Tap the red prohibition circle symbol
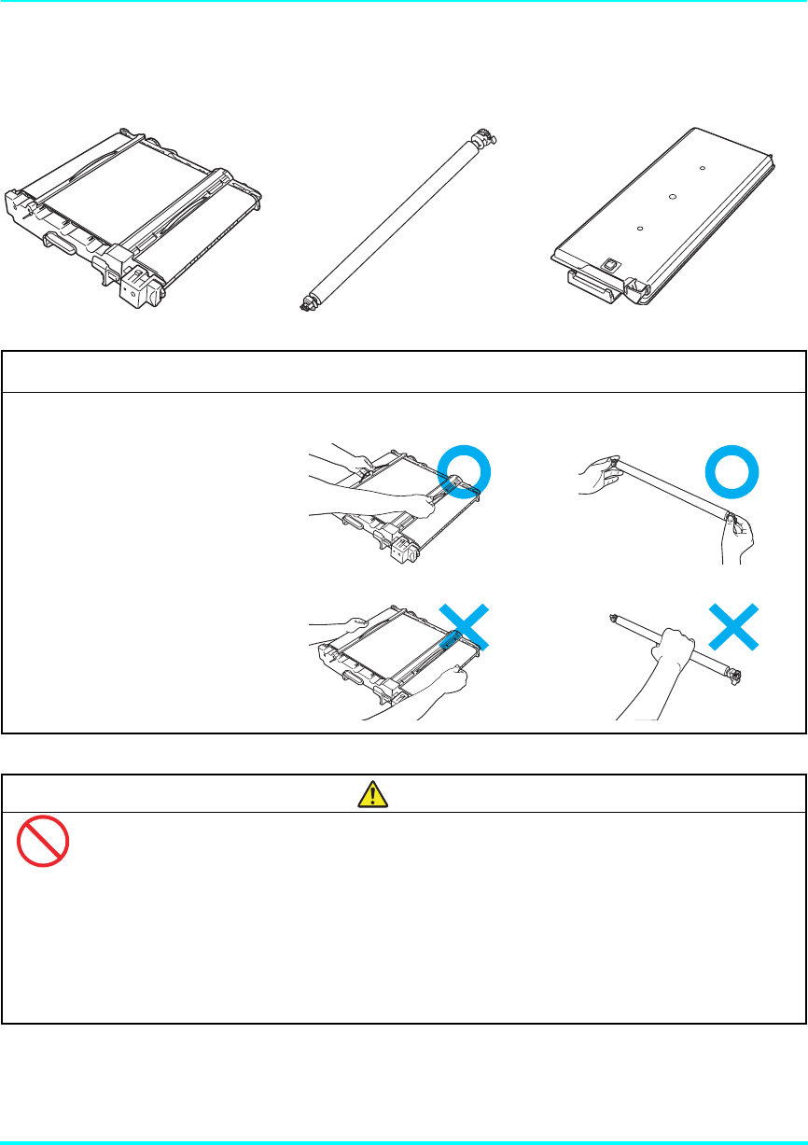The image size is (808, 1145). click(43, 842)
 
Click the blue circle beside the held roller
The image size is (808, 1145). click(732, 474)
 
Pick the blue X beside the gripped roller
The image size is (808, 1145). click(732, 627)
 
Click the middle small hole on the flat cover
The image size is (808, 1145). click(671, 196)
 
